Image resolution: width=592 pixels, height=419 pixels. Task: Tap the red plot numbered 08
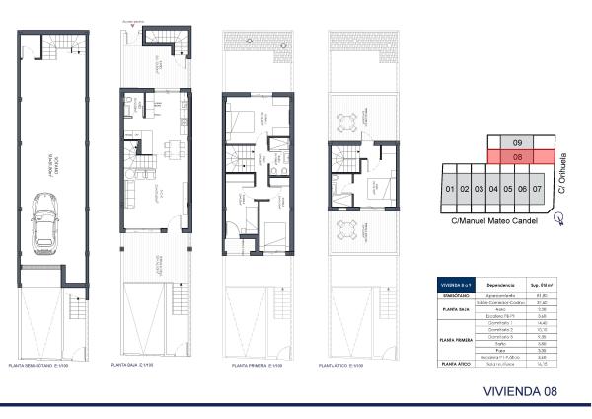[x=517, y=156]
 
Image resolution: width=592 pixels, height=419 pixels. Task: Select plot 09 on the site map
[x=517, y=142]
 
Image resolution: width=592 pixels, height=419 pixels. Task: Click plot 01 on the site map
[x=449, y=188]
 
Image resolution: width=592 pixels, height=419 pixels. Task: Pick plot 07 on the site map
[x=537, y=188]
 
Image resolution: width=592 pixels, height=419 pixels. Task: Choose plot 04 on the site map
[x=493, y=188]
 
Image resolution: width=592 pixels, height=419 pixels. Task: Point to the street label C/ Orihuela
[x=563, y=172]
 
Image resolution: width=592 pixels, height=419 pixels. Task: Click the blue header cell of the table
[x=455, y=286]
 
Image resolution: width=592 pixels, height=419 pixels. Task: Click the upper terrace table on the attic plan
[x=345, y=124]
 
